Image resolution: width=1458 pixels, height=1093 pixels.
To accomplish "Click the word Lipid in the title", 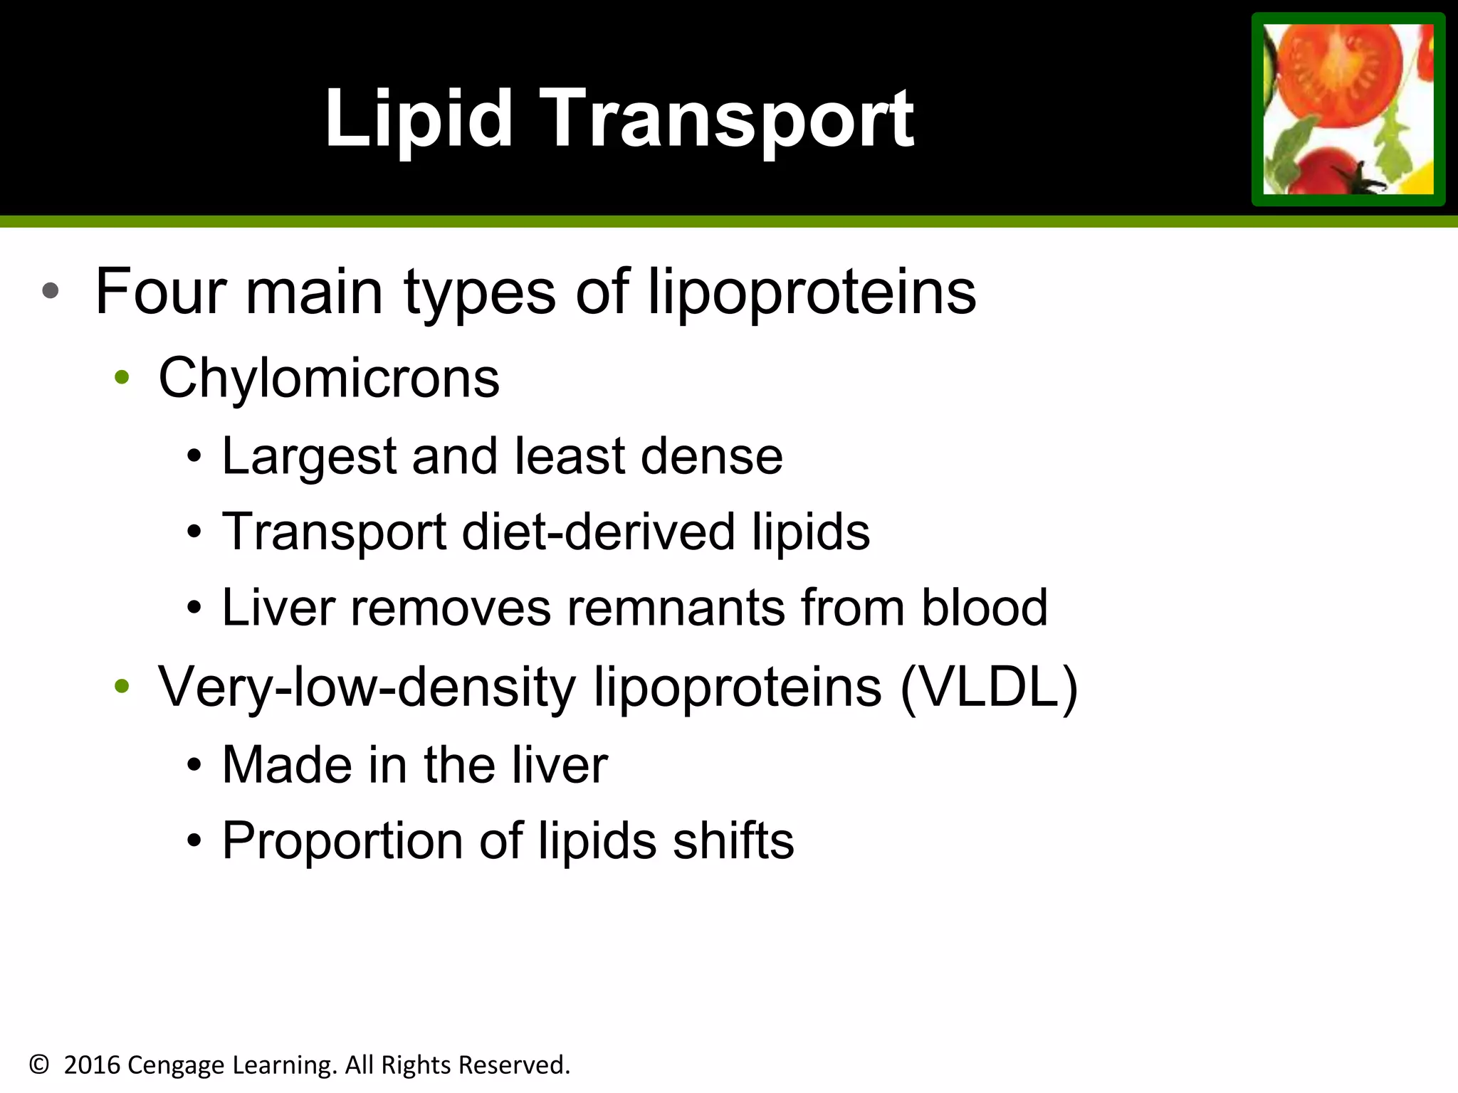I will [419, 119].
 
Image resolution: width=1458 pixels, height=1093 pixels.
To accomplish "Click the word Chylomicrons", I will [329, 378].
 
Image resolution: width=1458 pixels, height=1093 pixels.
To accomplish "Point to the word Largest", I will [309, 456].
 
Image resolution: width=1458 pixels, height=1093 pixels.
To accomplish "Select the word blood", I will [985, 608].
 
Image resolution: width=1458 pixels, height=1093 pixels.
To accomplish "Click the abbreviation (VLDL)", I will [989, 687].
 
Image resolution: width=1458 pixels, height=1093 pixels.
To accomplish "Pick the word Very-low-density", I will [367, 687].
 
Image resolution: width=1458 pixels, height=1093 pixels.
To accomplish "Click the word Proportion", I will [342, 841].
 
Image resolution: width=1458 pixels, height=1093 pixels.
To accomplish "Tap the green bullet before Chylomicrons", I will [122, 378].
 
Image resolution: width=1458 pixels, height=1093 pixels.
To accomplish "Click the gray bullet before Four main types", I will [50, 291].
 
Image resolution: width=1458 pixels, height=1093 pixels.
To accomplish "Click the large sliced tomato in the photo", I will [1338, 71].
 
